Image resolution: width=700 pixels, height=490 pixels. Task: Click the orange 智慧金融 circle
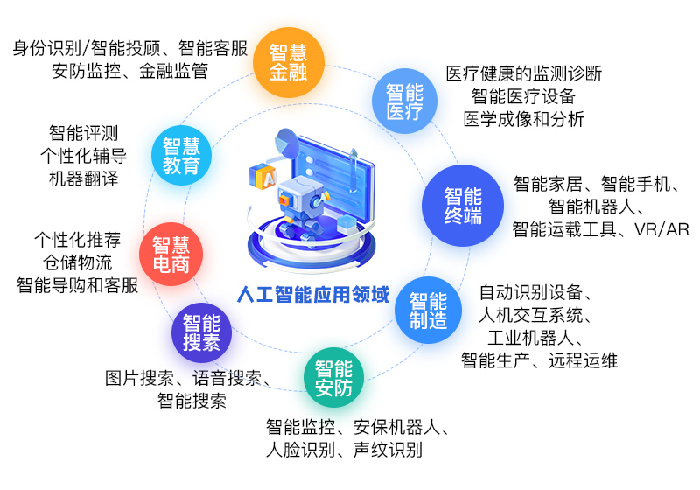pos(289,62)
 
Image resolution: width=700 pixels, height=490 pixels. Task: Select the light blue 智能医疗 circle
pos(404,101)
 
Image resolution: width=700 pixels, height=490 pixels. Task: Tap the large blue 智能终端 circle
pos(463,206)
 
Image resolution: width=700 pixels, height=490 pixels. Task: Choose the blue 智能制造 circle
pos(428,310)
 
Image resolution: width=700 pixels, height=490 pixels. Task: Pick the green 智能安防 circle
pos(333,377)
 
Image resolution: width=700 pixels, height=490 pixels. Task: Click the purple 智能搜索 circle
pos(201,332)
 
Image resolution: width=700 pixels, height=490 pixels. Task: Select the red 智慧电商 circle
pos(171,255)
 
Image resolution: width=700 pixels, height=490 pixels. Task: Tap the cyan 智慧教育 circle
pos(181,155)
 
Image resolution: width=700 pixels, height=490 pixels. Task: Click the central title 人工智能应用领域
pos(313,295)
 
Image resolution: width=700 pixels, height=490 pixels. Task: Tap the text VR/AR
pos(661,229)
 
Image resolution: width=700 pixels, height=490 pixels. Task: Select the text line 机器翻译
pos(83,178)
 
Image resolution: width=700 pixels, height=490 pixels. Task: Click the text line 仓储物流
pos(77,262)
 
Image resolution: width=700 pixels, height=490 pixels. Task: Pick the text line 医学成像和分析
pos(523,119)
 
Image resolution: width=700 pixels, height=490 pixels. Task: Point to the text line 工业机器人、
pos(535,338)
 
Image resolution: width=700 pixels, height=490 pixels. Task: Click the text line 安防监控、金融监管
pos(129,71)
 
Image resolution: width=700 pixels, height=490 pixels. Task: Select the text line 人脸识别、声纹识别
pos(344,450)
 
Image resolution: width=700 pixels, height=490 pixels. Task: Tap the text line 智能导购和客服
pos(77,285)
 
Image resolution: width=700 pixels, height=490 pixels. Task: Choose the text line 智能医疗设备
pos(523,96)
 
